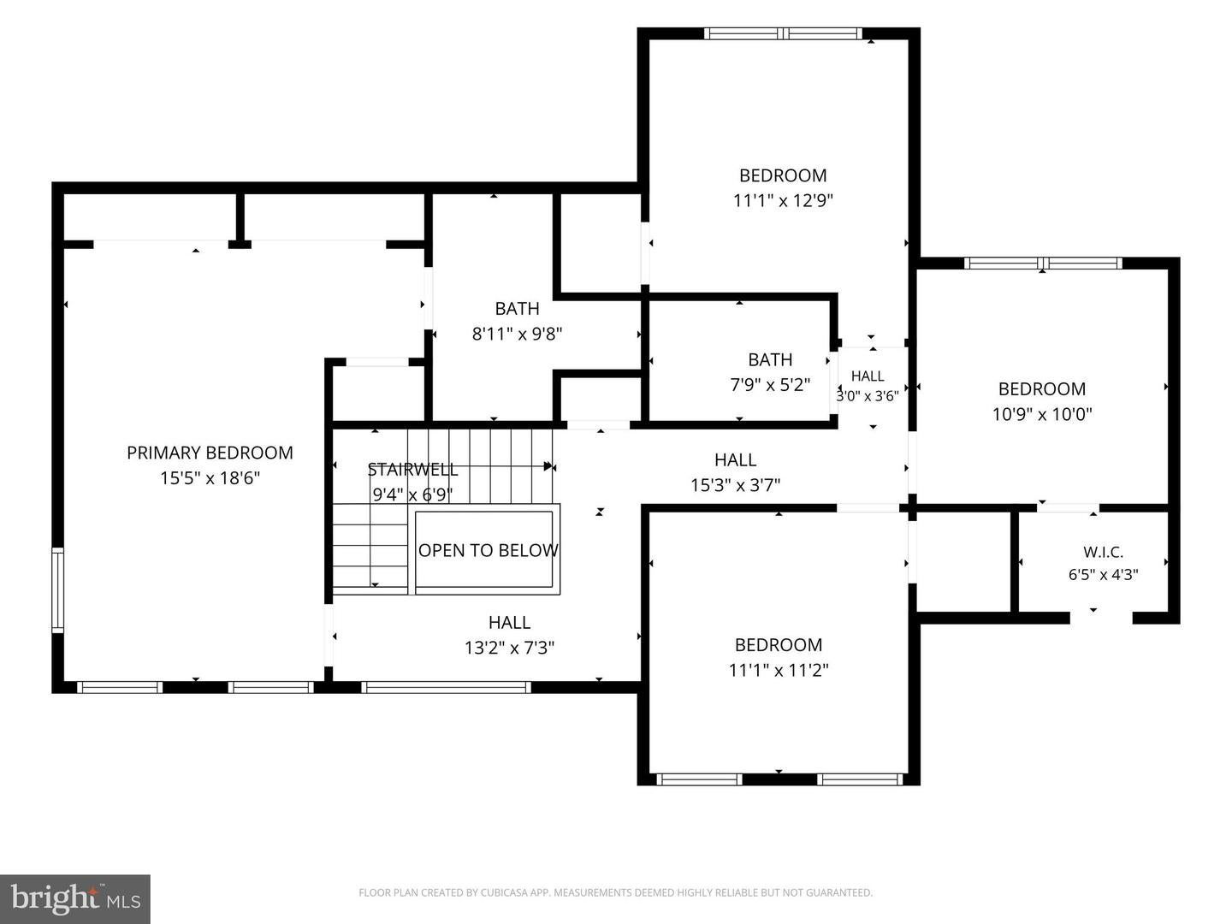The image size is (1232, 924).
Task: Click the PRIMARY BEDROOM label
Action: coord(210,453)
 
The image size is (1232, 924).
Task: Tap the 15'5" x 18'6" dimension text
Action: coord(210,478)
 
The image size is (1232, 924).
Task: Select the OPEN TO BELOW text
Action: coord(489,550)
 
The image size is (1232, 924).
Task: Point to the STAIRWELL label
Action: coord(412,470)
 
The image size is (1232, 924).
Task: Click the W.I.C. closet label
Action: coord(1103,553)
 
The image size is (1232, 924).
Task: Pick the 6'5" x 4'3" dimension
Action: coord(1103,575)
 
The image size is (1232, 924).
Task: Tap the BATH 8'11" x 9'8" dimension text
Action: coord(517,335)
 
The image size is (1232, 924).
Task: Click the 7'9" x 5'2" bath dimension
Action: coord(770,385)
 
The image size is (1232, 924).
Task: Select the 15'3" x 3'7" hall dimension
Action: coord(735,485)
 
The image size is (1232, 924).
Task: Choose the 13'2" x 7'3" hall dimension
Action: coord(509,648)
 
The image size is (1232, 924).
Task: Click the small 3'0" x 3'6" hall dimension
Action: coord(868,396)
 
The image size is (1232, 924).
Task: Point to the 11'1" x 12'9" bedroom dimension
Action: coord(783,201)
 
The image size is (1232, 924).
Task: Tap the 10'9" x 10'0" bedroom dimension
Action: coord(1042,415)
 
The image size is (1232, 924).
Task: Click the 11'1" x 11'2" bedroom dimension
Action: coord(779,671)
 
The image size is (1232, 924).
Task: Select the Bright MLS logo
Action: coord(75,898)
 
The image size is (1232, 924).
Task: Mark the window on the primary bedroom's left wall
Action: coord(58,590)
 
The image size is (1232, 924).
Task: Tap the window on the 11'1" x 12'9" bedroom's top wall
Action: coord(783,33)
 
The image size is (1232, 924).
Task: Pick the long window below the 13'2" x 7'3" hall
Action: coord(446,687)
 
